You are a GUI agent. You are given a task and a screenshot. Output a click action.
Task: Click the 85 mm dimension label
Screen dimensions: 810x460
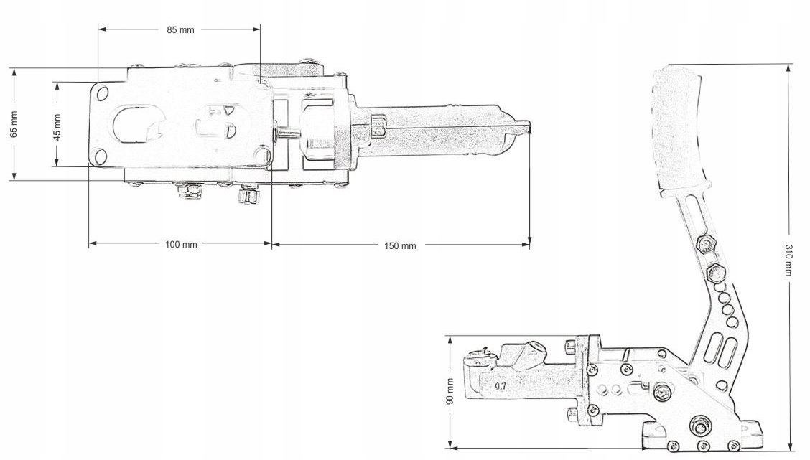coord(180,30)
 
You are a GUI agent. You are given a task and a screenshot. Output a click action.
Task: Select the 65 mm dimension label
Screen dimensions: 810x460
coord(14,124)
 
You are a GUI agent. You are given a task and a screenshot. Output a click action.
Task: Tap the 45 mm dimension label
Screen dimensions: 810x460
coord(57,127)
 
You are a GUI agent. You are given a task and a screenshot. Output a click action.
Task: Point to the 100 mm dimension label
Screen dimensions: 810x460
coord(181,244)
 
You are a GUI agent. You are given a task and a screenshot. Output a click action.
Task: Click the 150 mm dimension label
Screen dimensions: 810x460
coord(400,245)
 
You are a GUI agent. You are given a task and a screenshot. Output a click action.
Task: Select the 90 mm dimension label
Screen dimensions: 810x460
coord(450,391)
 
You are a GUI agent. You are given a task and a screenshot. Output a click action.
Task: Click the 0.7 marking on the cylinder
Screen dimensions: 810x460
coord(500,385)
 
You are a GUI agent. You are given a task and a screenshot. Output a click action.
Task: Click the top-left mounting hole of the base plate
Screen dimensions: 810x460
coord(102,93)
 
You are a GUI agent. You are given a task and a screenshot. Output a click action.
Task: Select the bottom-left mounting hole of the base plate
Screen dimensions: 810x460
coord(101,157)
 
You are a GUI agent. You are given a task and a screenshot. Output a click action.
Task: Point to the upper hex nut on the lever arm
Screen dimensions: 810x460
coord(706,243)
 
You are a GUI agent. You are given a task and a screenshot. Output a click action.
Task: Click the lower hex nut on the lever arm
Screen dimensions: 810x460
coord(715,271)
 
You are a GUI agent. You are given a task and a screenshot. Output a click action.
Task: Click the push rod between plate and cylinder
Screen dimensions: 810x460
coord(287,133)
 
